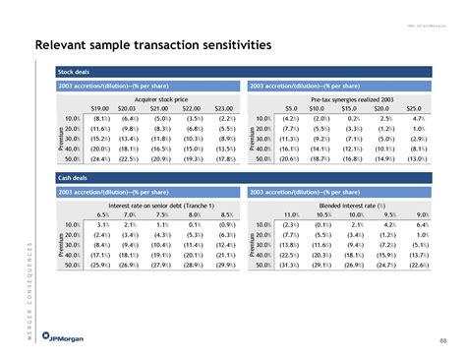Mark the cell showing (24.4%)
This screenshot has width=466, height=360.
click(x=98, y=159)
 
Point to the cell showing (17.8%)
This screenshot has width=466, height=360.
click(x=224, y=159)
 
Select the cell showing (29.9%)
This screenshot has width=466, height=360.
click(x=224, y=263)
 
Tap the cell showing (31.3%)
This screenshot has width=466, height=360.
click(x=289, y=263)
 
